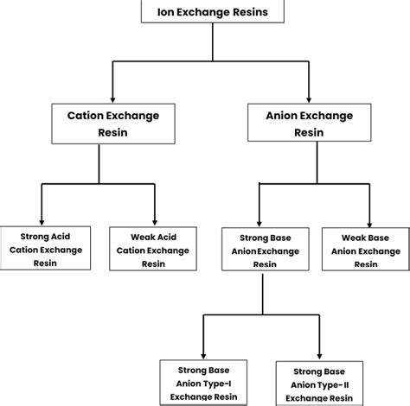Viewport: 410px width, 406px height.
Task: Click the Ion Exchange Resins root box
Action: click(x=205, y=11)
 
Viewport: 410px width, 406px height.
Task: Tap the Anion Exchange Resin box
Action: click(x=308, y=122)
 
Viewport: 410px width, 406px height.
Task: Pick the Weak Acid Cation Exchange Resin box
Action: click(x=155, y=249)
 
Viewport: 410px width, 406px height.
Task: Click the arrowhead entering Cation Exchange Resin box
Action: click(x=112, y=96)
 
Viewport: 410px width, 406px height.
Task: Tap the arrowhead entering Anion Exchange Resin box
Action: click(x=308, y=96)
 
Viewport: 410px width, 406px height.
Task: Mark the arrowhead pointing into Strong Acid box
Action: click(x=40, y=222)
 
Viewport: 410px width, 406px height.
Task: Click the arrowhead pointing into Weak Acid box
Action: click(x=155, y=222)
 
